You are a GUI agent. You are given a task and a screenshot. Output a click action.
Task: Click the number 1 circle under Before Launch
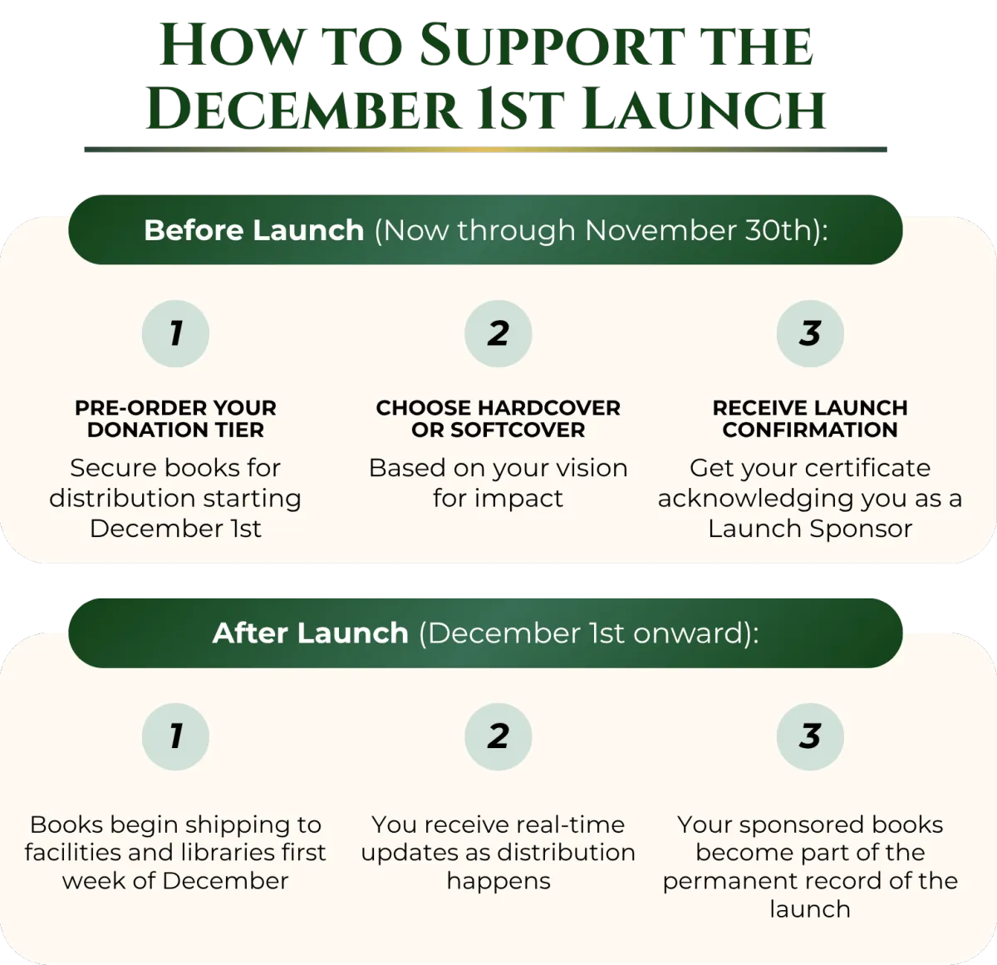coord(175,333)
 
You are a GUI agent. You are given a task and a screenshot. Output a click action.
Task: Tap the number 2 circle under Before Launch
coord(498,333)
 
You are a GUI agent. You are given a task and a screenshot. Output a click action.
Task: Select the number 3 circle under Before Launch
coord(810,333)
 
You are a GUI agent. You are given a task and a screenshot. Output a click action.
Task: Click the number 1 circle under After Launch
coord(175,736)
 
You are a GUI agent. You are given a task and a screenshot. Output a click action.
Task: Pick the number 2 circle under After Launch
coord(498,736)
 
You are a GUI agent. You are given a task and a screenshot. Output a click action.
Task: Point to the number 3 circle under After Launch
coord(810,736)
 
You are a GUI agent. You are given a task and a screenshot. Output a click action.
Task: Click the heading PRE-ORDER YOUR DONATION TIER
coord(175,419)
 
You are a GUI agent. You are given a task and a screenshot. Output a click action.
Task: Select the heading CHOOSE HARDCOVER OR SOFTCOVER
coord(498,419)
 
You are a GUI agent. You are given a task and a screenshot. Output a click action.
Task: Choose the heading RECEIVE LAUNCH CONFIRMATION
coord(810,419)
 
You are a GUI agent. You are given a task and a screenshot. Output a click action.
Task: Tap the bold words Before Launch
coord(253,230)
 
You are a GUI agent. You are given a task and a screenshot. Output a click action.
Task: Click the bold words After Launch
coord(310,633)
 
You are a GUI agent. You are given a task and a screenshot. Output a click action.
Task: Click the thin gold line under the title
coord(485,150)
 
